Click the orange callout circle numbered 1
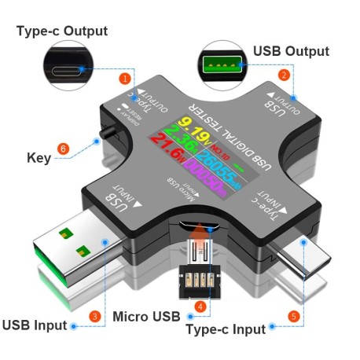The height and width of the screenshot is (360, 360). [x=123, y=79]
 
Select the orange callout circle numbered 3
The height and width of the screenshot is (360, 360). [x=95, y=316]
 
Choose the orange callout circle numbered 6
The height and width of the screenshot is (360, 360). [x=64, y=148]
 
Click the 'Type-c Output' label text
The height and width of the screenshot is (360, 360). [x=62, y=31]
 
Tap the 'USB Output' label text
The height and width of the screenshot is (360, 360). [x=291, y=51]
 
